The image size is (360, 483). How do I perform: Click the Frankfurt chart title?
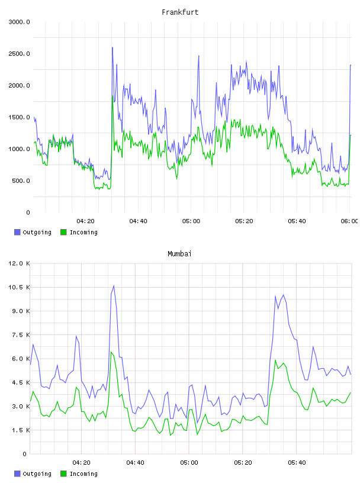click(180, 12)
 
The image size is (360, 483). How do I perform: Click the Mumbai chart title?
click(179, 254)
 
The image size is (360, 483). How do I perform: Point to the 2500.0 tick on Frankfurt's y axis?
click(19, 54)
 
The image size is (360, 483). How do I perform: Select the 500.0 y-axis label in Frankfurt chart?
click(21, 181)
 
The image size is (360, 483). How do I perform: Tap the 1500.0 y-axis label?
click(19, 117)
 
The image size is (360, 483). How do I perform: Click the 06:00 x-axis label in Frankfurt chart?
click(349, 221)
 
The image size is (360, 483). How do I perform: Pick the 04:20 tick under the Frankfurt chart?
click(85, 221)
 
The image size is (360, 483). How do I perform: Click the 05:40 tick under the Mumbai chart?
click(297, 463)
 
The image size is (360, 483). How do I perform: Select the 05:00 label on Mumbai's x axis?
click(189, 463)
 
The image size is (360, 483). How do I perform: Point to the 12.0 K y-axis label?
click(19, 263)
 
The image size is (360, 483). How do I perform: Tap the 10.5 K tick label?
click(19, 288)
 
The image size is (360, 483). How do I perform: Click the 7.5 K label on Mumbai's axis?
click(21, 335)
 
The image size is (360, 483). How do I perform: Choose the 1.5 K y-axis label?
click(21, 430)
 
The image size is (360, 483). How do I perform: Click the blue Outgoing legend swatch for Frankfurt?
click(17, 232)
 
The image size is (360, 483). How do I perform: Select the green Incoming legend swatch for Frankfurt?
click(63, 232)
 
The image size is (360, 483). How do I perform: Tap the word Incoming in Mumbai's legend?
click(83, 474)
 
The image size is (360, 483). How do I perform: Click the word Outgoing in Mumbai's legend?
click(37, 474)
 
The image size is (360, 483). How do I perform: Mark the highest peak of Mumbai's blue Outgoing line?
click(114, 286)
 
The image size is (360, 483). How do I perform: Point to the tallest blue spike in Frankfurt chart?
click(112, 48)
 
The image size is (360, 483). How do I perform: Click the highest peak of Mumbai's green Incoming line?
click(111, 352)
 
